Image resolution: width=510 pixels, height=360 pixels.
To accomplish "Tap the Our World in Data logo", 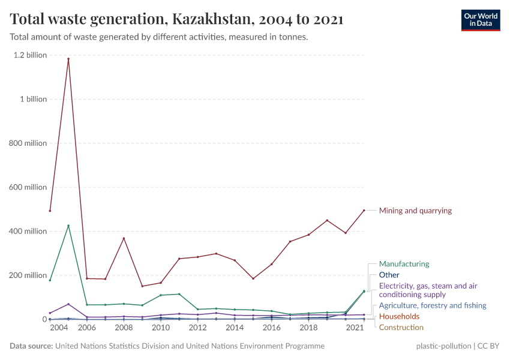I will (x=480, y=19).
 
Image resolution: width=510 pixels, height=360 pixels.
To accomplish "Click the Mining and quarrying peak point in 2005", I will (x=68, y=59).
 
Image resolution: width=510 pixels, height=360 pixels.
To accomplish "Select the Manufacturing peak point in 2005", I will (x=68, y=226).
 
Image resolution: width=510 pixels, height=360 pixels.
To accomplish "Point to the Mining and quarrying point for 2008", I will (x=124, y=238).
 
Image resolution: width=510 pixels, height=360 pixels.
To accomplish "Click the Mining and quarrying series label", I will (x=415, y=211).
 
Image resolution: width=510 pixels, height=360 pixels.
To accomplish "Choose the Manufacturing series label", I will (x=404, y=264).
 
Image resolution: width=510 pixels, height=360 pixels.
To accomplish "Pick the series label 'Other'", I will (x=389, y=275).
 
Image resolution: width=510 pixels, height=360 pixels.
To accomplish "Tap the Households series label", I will (x=399, y=316).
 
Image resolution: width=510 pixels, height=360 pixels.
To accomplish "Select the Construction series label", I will (x=401, y=327).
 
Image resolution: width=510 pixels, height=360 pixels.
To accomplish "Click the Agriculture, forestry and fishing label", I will (x=432, y=305).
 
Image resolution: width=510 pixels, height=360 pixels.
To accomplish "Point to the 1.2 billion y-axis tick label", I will (x=30, y=55).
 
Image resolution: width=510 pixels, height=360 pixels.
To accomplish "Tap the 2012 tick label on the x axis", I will (x=197, y=328).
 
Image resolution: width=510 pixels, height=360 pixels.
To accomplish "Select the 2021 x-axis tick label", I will (x=355, y=328).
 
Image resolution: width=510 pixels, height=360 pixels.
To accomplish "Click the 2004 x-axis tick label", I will (x=59, y=328).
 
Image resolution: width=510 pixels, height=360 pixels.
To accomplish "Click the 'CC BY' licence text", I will (x=488, y=346).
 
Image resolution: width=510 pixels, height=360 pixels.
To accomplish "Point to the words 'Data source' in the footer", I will (x=31, y=346).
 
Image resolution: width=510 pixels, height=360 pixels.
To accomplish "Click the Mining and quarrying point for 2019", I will (x=327, y=220).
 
